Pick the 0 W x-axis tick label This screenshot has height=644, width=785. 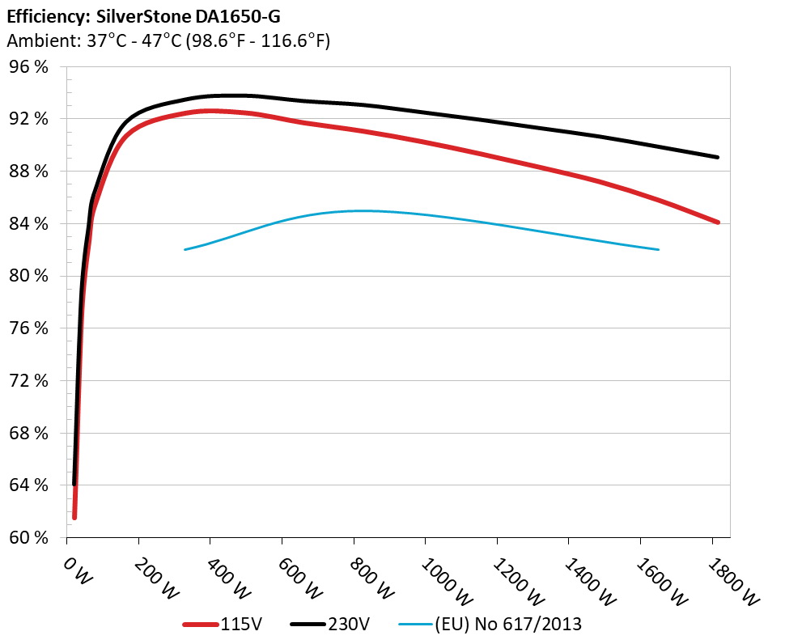(x=74, y=571)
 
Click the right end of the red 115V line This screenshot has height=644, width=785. (x=717, y=222)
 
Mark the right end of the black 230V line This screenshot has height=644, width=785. (x=717, y=157)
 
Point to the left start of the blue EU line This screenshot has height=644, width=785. (x=185, y=249)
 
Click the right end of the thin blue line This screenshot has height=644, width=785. (x=659, y=249)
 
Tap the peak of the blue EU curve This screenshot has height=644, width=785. (x=360, y=210)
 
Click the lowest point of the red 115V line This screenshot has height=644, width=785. (x=74, y=517)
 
